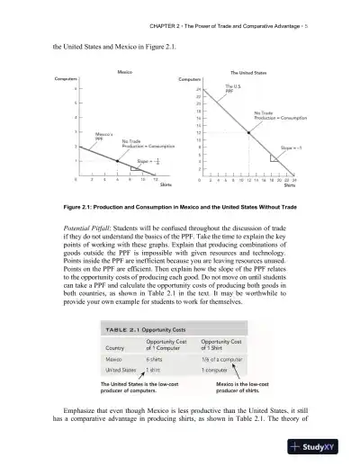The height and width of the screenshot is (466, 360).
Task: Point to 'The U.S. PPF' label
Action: click(x=232, y=90)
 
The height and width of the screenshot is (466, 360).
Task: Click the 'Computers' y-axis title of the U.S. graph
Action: click(x=193, y=80)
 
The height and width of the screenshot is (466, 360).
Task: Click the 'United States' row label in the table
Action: click(x=122, y=369)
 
